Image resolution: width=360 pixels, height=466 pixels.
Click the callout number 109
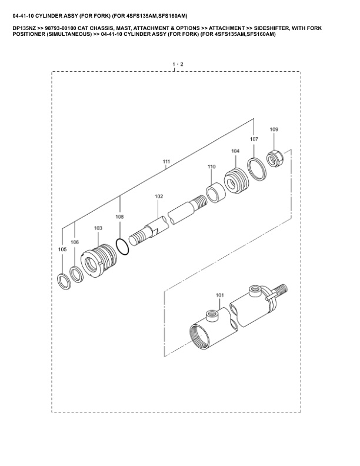coord(274,129)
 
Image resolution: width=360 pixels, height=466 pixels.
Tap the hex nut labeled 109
coord(275,158)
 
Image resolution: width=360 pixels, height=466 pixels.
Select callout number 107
coord(254,139)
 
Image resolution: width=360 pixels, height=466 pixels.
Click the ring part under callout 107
coord(257,168)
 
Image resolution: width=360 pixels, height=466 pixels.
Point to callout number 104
coord(235,151)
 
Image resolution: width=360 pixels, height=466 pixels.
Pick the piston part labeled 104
coord(236,181)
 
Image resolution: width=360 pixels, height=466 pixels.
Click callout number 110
coord(212,167)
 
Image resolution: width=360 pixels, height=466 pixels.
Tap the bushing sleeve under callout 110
coord(216,193)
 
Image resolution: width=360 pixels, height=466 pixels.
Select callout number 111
coord(166,161)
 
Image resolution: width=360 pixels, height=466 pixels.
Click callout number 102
coord(159,197)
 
